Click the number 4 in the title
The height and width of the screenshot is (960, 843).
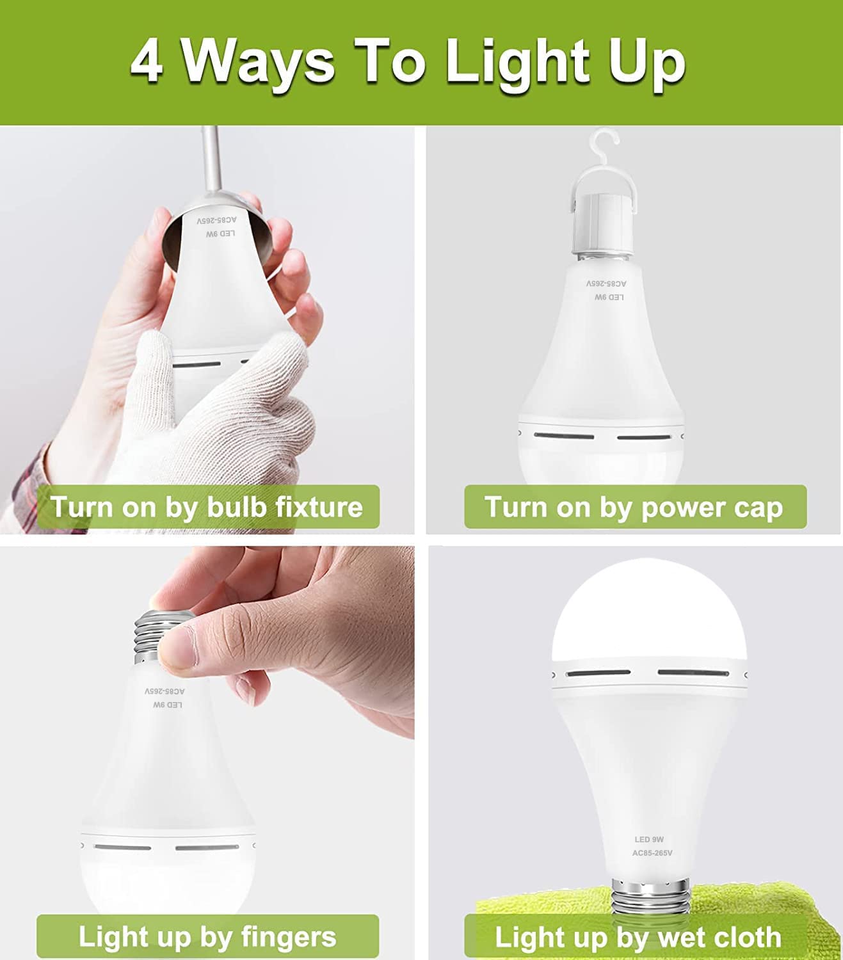147,63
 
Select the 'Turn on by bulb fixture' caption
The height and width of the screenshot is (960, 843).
207,507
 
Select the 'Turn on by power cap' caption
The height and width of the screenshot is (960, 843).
634,507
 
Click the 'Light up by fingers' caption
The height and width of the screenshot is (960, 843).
207,936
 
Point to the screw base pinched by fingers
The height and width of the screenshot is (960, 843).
154,637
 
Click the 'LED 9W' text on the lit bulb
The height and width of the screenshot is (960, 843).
649,840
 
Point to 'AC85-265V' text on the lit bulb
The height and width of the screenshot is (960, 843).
652,853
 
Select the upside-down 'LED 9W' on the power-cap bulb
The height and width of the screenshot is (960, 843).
608,298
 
